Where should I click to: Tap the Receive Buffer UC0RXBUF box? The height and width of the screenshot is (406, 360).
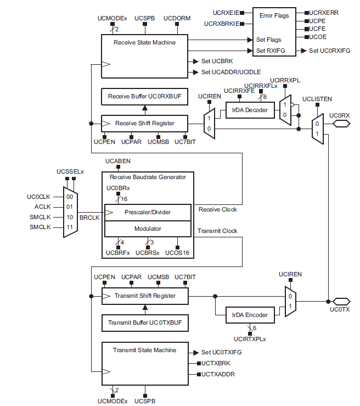(144, 96)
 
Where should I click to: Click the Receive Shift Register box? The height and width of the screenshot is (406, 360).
(144, 123)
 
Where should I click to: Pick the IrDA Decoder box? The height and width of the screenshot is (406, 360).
(249, 110)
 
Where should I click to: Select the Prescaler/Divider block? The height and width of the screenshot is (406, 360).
(148, 212)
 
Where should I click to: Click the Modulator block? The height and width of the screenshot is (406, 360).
(148, 228)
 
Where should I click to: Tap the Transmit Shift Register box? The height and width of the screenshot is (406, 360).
(145, 296)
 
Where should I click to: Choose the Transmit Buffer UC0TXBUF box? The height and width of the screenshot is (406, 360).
(145, 322)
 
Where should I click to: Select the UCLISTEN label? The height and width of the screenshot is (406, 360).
(317, 99)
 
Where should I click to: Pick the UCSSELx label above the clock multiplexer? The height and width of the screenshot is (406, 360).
(70, 172)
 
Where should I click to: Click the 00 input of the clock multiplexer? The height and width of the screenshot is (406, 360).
(70, 197)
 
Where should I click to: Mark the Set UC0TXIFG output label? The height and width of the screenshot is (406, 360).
(222, 352)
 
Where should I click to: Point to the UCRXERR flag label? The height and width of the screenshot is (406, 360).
(324, 12)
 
